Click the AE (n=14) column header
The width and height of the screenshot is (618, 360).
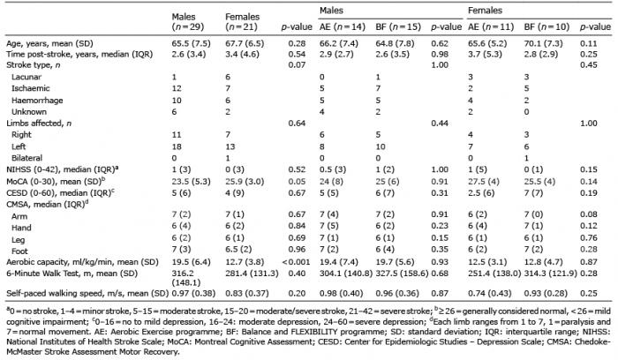(x=343, y=27)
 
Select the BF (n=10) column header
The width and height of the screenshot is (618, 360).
(x=546, y=27)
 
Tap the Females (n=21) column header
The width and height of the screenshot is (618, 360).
(x=243, y=22)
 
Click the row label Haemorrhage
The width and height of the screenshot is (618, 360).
(x=37, y=100)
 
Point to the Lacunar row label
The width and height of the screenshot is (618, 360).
(x=26, y=77)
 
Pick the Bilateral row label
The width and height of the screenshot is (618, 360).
(x=26, y=158)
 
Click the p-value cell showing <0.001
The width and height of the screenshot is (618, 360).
(x=296, y=262)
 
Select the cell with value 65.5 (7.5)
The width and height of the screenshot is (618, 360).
(x=192, y=43)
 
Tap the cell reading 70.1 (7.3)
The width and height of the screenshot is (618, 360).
(x=544, y=43)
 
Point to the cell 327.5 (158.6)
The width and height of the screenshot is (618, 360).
(x=402, y=274)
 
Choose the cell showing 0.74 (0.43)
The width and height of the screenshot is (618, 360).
(x=489, y=294)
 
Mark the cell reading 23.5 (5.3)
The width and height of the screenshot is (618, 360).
(x=192, y=182)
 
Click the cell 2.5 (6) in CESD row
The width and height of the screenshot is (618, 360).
(x=481, y=193)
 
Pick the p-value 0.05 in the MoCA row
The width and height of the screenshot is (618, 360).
(x=297, y=182)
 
